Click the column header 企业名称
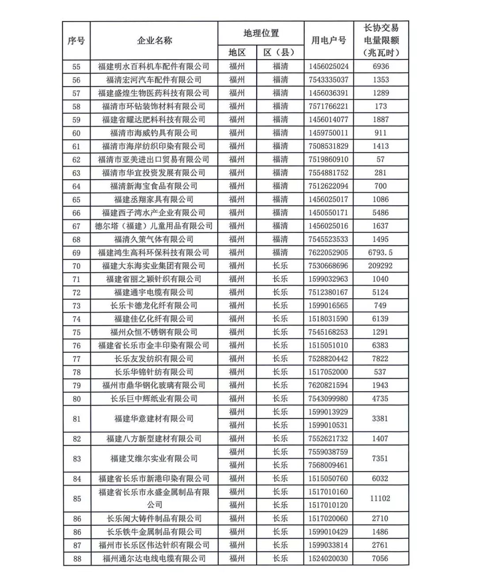tap(154, 41)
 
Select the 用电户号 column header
tap(329, 41)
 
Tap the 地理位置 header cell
tap(261, 33)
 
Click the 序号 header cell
tap(76, 41)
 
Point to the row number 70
tap(76, 266)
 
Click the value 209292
tap(380, 266)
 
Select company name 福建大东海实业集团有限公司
tap(154, 266)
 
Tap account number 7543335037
tap(329, 80)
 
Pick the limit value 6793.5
tap(380, 253)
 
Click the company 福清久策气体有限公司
tap(154, 239)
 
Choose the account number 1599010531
tap(329, 425)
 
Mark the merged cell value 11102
tap(380, 498)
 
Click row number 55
tap(76, 67)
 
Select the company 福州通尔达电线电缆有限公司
tap(154, 559)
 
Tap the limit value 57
tap(380, 159)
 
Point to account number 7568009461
tap(329, 465)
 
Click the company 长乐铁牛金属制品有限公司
tap(154, 532)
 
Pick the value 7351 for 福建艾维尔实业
tap(380, 458)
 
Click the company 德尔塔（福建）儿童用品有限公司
tap(154, 226)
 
